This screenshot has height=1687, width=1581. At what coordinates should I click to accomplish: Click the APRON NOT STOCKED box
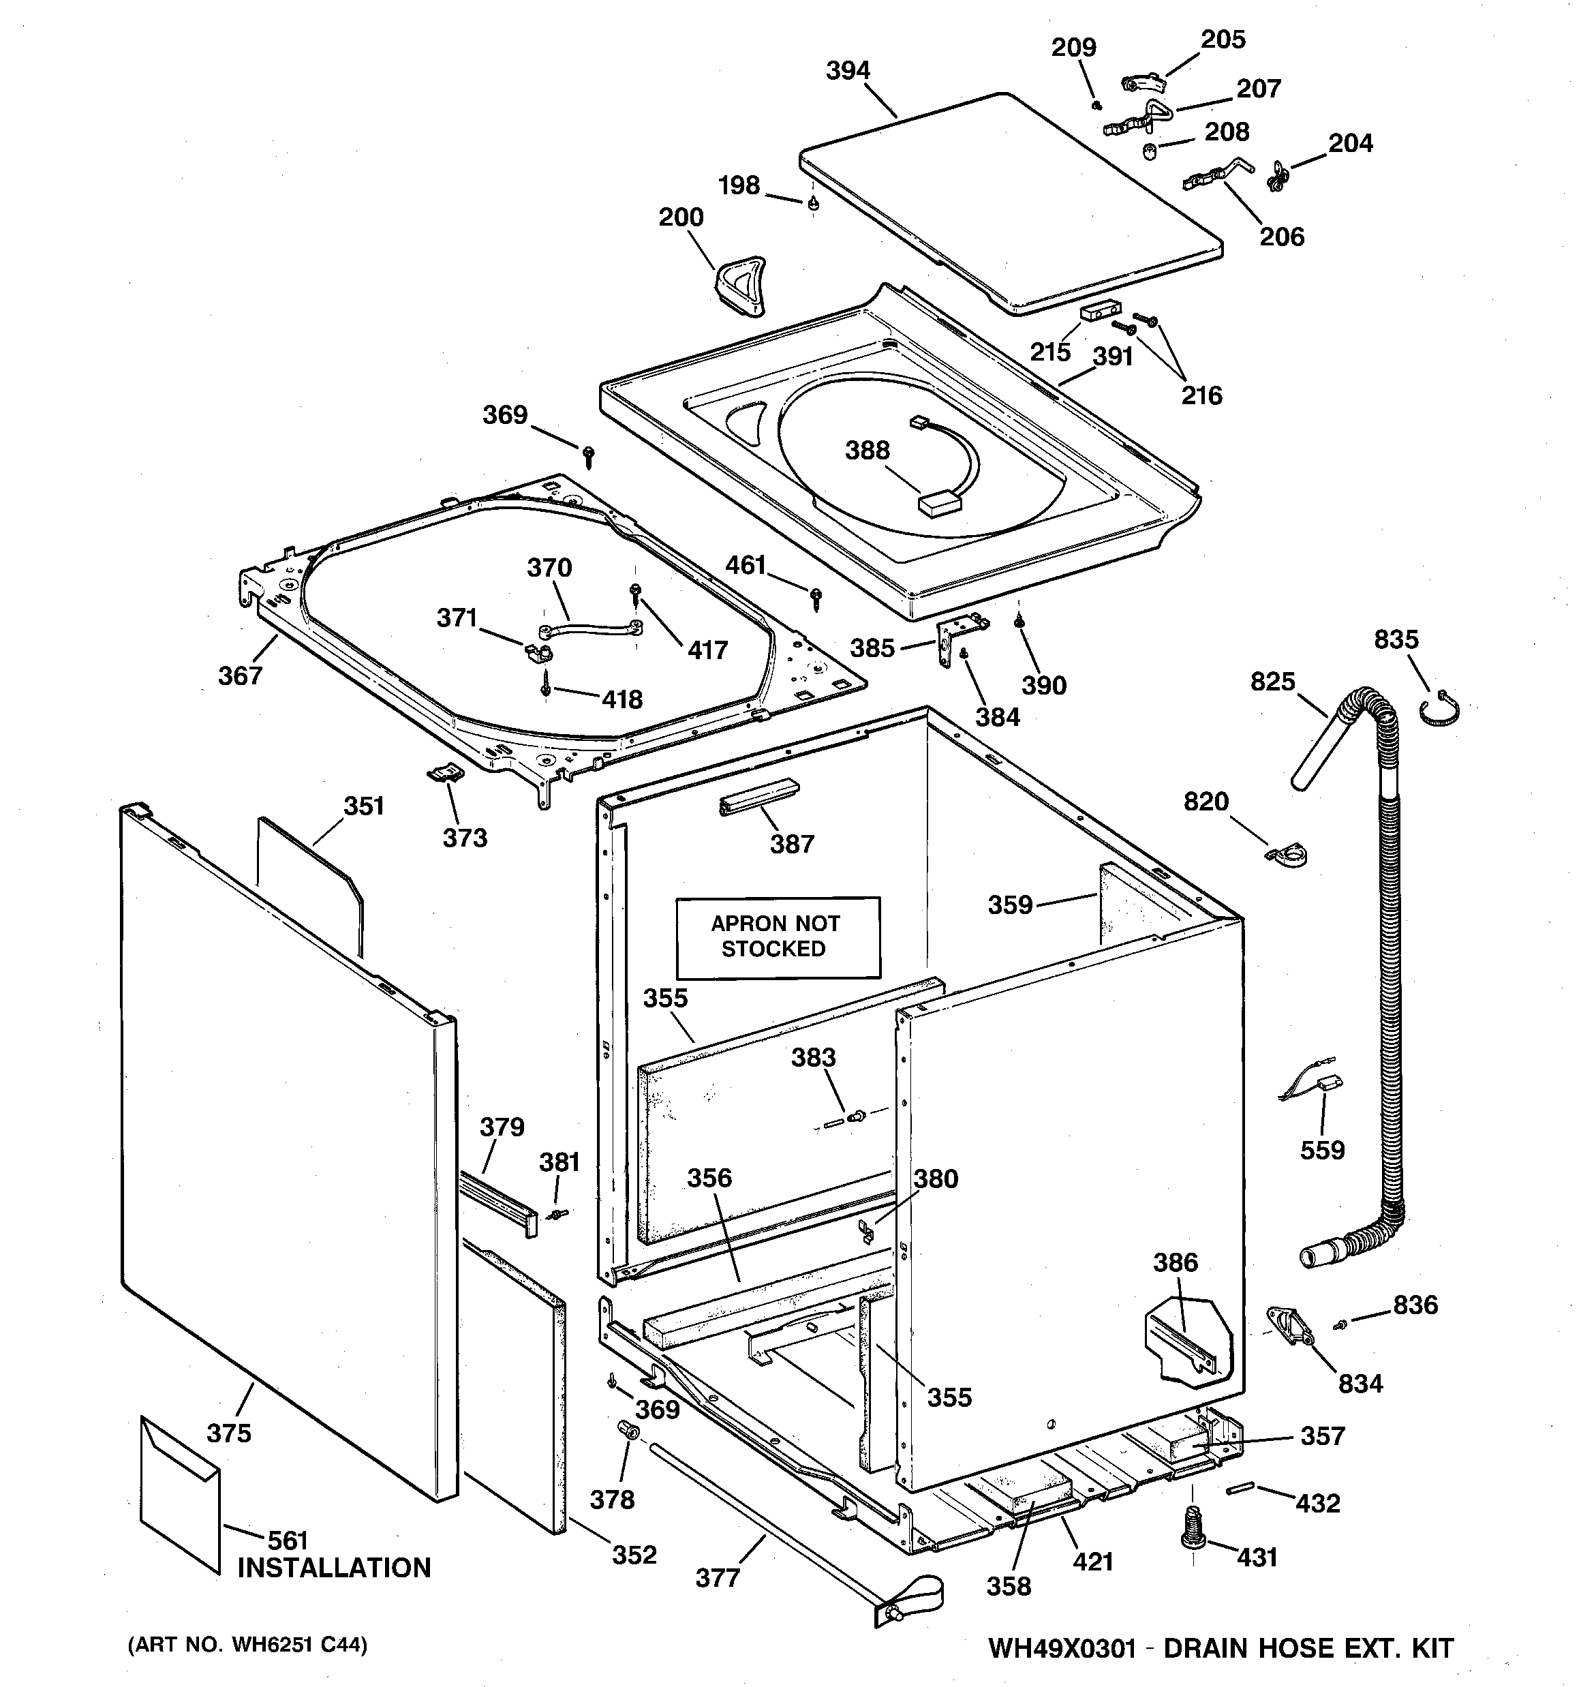pos(778,937)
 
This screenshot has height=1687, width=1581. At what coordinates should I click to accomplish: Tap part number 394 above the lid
pos(848,70)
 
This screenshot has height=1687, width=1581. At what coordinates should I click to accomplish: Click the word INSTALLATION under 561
pos(333,1567)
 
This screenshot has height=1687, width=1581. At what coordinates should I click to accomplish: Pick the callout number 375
pos(229,1433)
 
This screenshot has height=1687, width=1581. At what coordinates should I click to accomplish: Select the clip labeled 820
pos(1287,855)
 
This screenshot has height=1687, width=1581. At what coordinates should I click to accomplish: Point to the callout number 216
pos(1201,395)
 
